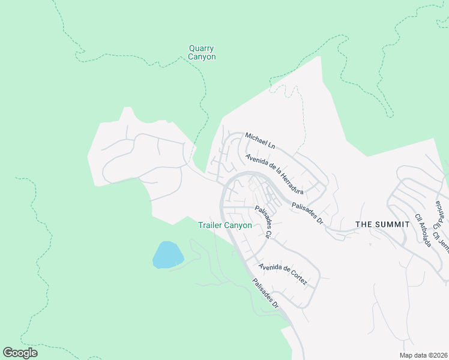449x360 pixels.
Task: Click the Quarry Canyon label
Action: coord(202,53)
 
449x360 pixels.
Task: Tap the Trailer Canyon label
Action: coord(225,226)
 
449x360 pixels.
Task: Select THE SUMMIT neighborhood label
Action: coord(382,224)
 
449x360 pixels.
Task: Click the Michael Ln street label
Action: coord(260,142)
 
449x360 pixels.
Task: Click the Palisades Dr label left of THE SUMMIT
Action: coord(308,213)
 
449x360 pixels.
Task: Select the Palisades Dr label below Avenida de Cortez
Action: coord(265,293)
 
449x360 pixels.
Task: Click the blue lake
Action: coord(167,255)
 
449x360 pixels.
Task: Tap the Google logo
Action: coord(20,353)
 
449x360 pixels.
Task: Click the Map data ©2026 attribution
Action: coord(423,355)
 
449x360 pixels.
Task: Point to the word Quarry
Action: coord(202,49)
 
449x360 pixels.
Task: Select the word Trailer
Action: coord(211,226)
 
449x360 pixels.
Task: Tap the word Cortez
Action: coord(297,280)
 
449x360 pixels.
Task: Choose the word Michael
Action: coord(256,139)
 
